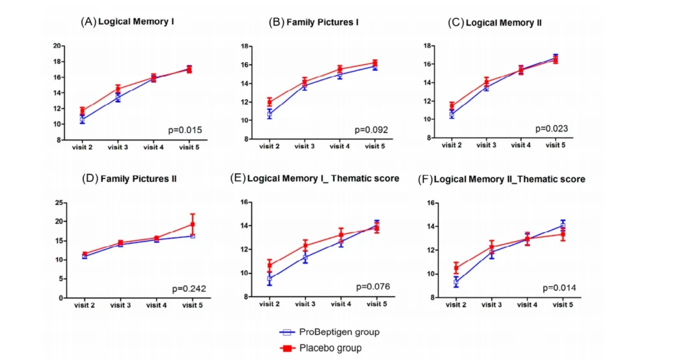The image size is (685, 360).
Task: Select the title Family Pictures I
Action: (322, 22)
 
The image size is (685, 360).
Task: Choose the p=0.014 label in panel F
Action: (560, 288)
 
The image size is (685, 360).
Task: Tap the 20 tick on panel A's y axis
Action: (58, 46)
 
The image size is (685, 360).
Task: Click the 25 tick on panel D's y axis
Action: (58, 202)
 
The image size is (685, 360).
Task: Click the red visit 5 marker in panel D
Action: (193, 224)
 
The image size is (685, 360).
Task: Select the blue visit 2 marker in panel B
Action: (269, 114)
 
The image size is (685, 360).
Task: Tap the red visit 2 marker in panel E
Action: (269, 266)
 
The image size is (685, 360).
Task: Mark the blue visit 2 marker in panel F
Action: (456, 282)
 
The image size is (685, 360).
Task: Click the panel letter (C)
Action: (455, 22)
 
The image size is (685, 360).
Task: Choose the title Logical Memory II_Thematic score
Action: (510, 179)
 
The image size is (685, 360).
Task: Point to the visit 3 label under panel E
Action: (305, 304)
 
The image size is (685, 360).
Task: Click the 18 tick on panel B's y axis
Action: (246, 46)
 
